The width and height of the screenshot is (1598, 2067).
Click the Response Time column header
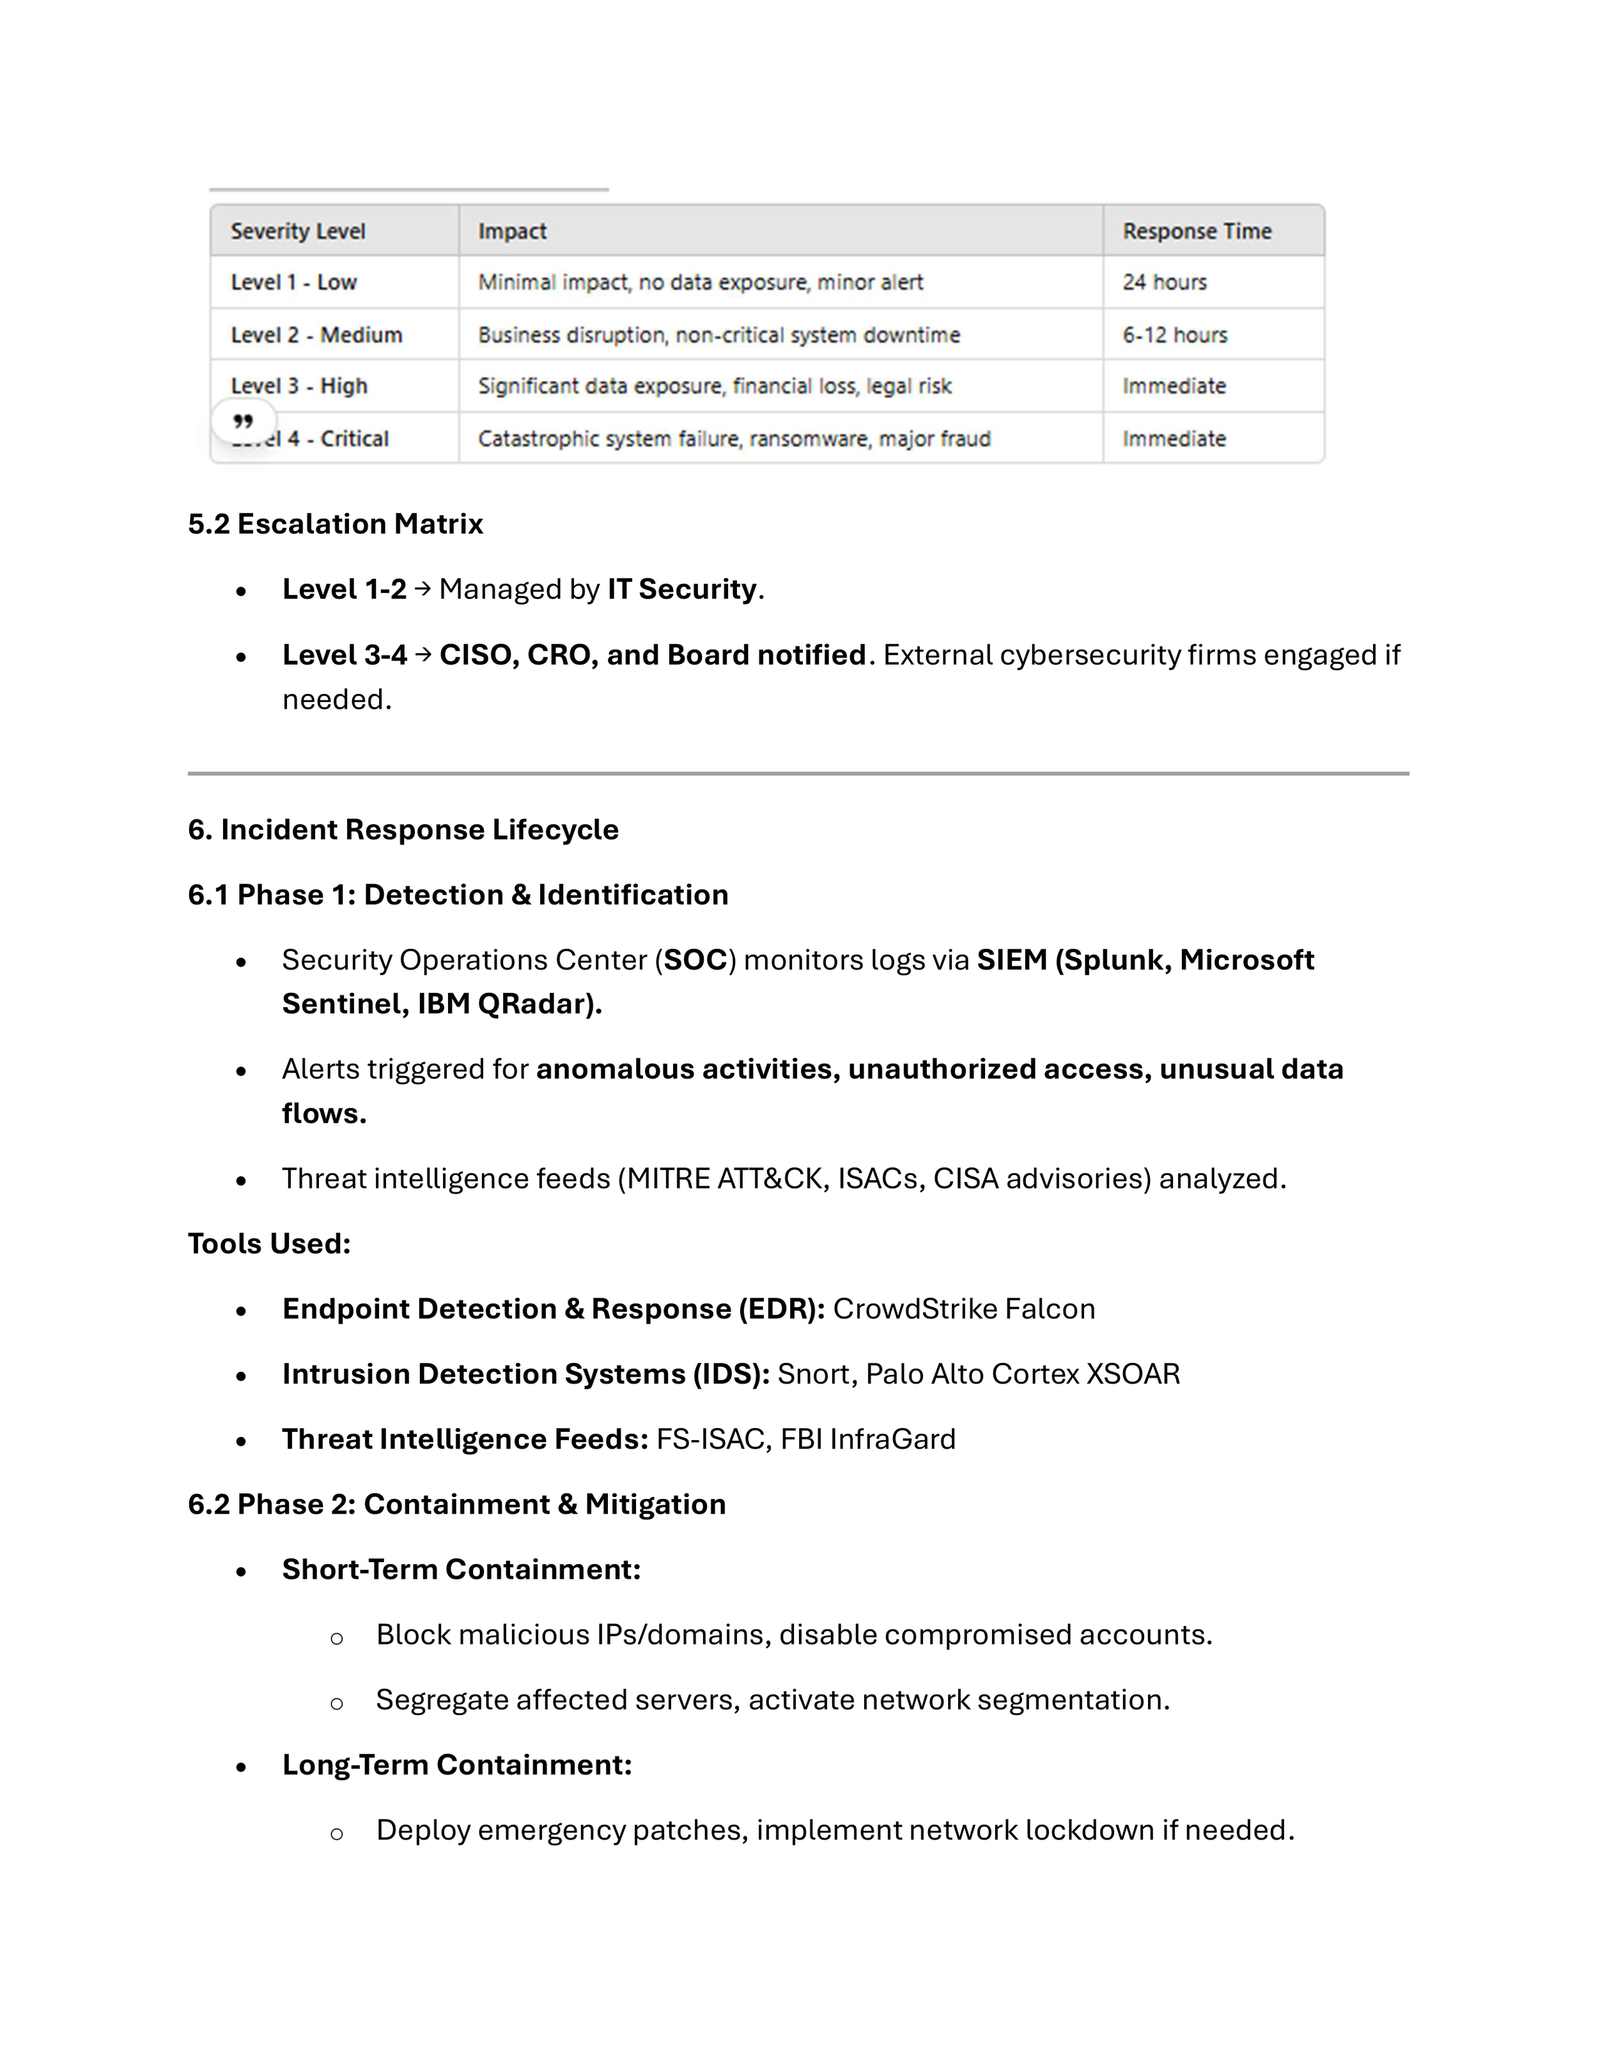pyautogui.click(x=1197, y=231)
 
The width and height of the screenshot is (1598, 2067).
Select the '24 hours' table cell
pyautogui.click(x=1165, y=282)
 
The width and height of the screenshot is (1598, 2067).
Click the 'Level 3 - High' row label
pyautogui.click(x=299, y=386)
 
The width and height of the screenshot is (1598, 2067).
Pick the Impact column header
pyautogui.click(x=512, y=231)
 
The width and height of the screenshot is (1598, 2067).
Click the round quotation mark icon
pyautogui.click(x=244, y=421)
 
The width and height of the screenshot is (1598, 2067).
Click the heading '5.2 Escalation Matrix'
pyautogui.click(x=335, y=523)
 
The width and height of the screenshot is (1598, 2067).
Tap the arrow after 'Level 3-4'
pyautogui.click(x=423, y=654)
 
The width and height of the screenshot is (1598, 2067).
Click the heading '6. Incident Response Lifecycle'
pyautogui.click(x=402, y=829)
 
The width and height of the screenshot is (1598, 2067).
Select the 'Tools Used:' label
pyautogui.click(x=269, y=1243)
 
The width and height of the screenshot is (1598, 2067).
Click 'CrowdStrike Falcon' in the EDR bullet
pyautogui.click(x=964, y=1309)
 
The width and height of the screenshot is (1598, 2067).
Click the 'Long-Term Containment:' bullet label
pyautogui.click(x=456, y=1765)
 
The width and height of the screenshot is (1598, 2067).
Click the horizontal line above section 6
pyautogui.click(x=798, y=773)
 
